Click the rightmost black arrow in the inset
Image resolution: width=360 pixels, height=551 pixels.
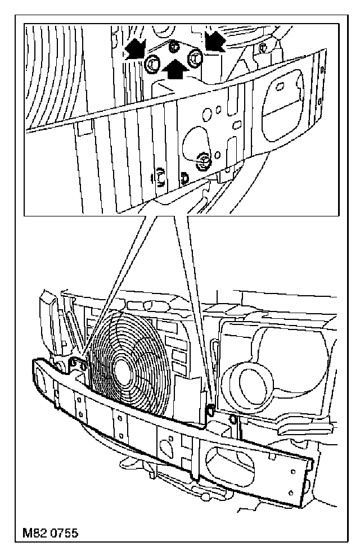pos(214,40)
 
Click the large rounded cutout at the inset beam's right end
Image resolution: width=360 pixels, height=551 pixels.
pos(287,98)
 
